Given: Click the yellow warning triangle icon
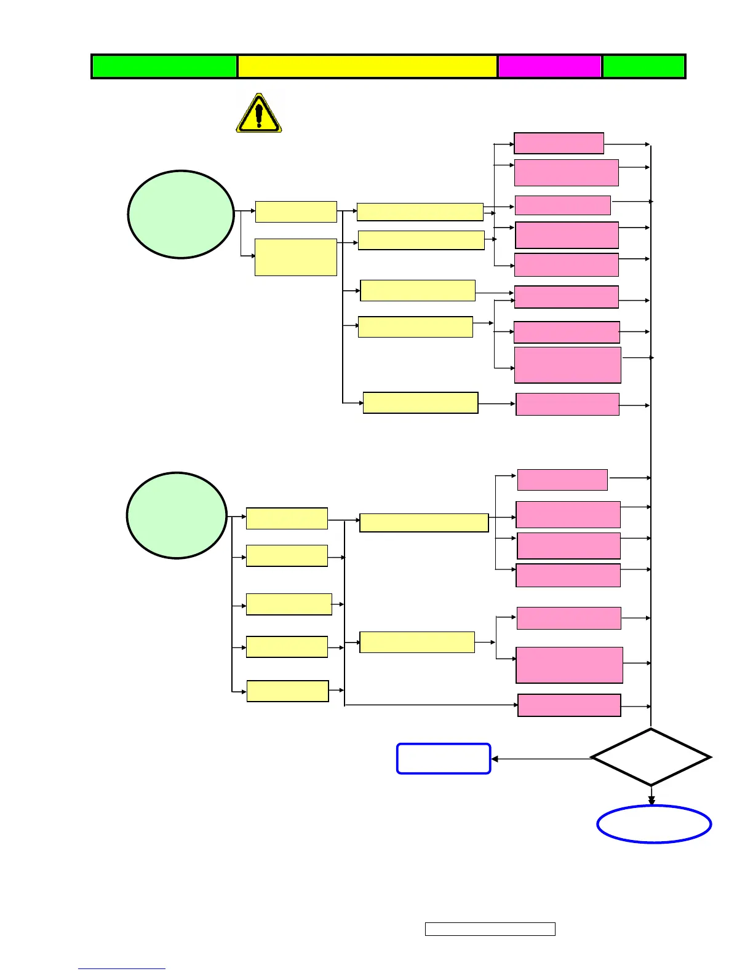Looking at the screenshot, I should point(259,114).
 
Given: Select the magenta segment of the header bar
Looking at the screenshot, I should point(549,66).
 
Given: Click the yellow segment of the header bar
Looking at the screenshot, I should point(367,66).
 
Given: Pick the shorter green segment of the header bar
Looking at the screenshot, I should point(643,66).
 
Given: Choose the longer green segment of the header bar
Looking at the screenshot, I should point(164,66).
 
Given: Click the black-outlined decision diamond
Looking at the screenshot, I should point(651,757).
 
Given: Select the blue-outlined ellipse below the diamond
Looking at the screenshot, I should point(654,824).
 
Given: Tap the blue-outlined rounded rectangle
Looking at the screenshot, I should point(444,758).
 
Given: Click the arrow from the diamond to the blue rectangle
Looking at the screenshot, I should point(541,759).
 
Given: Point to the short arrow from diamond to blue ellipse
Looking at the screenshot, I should point(651,796).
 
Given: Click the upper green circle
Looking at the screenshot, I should point(181,214).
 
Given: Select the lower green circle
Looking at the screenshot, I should point(177,515).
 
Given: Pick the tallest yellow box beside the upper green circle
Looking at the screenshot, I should point(296,257).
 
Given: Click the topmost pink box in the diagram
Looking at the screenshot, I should point(559,143).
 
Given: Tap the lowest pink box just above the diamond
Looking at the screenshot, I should point(569,705).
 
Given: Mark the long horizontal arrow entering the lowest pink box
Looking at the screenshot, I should point(431,705).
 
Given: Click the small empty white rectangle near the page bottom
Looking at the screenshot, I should point(490,928).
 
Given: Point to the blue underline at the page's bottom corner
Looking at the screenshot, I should point(122,968).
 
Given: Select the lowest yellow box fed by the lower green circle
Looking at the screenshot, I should point(287,691).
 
